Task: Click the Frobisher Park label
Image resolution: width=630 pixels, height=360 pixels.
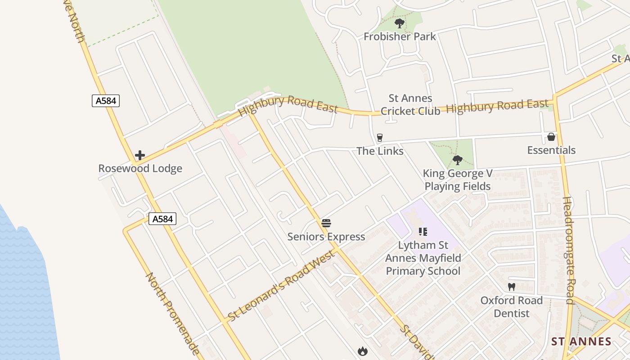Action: [400, 36]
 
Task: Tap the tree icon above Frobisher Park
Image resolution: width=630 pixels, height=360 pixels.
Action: [399, 23]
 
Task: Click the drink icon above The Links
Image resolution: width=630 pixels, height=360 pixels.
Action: [380, 137]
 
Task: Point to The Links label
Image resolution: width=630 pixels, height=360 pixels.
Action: [380, 151]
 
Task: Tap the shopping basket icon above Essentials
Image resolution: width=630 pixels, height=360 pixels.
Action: [551, 137]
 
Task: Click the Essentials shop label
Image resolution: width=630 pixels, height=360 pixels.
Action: [551, 150]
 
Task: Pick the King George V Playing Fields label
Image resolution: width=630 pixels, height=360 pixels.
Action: [458, 180]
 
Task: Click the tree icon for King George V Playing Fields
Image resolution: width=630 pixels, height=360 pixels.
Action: [458, 160]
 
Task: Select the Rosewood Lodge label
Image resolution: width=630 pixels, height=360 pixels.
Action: [140, 168]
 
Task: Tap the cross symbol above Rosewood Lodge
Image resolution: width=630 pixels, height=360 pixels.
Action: [140, 155]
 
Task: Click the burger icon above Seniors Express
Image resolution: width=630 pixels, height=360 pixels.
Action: [326, 223]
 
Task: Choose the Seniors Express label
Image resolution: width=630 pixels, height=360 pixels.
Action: [326, 236]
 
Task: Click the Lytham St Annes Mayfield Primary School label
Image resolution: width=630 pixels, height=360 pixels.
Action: [423, 258]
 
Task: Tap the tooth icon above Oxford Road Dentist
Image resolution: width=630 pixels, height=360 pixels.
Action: [511, 287]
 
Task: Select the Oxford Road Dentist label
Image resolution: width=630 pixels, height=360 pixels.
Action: [511, 306]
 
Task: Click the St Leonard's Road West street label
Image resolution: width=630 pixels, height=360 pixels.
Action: [282, 286]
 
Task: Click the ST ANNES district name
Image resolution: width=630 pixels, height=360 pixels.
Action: [581, 341]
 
